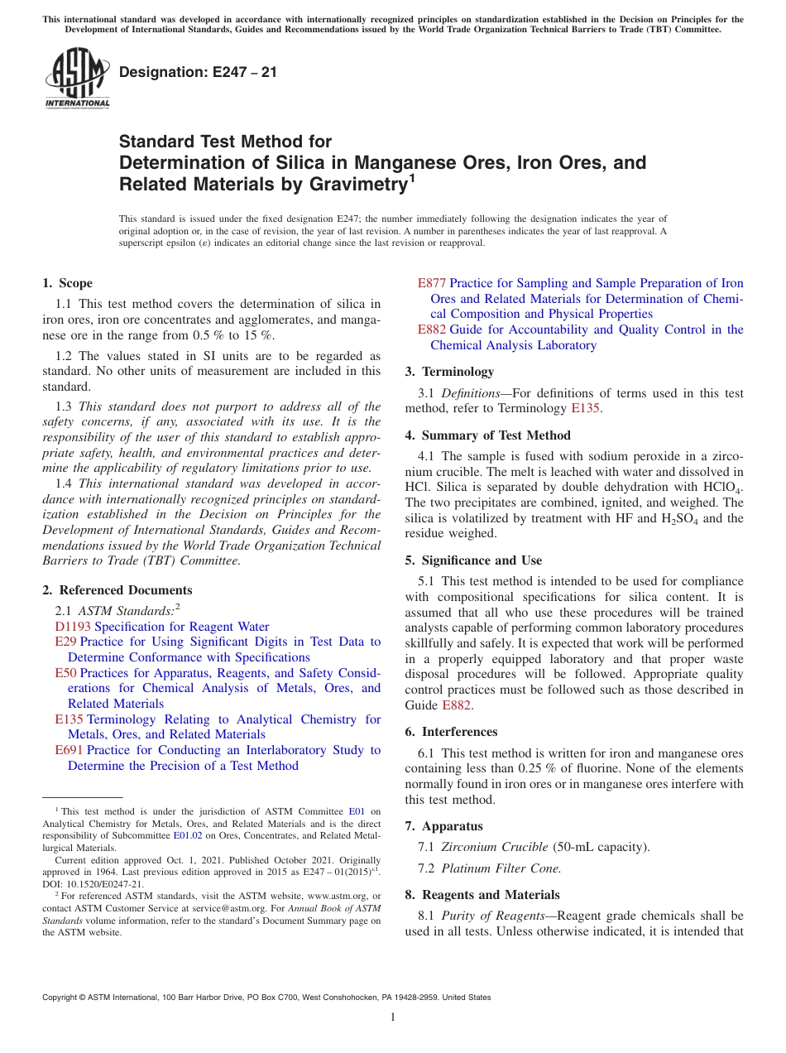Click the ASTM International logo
[x=77, y=78]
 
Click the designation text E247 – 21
[x=198, y=72]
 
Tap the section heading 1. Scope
[x=68, y=283]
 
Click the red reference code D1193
[x=73, y=627]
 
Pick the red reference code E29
[x=65, y=642]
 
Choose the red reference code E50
[x=66, y=673]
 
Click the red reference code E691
[x=69, y=750]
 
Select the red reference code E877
[x=432, y=283]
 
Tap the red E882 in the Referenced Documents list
[x=432, y=329]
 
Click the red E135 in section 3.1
[x=585, y=408]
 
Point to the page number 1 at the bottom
[x=393, y=1017]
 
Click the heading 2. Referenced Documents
[x=117, y=590]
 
